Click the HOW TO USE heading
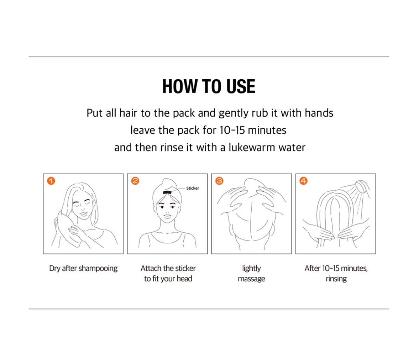pos(209,86)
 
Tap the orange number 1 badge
pos(51,181)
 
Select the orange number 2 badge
pos(135,181)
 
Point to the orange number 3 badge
pos(219,181)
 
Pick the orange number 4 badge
pos(303,181)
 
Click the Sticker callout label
pos(193,188)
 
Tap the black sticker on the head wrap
pos(167,192)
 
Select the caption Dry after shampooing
pos(83,268)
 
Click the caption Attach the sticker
pos(168,268)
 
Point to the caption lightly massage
pos(251,273)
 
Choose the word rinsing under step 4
pos(336,279)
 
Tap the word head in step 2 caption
pos(184,279)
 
